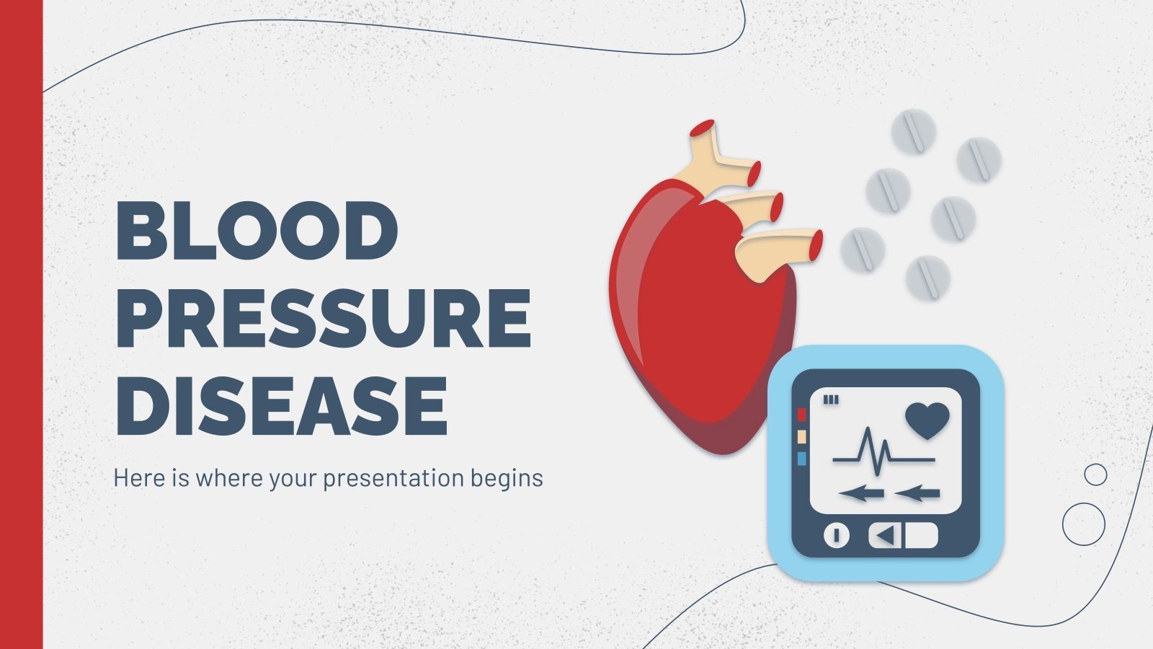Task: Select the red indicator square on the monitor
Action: (801, 415)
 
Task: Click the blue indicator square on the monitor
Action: (801, 459)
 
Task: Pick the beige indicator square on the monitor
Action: (801, 437)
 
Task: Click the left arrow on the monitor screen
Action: (861, 494)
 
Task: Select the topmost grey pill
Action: (913, 131)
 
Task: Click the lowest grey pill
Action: (927, 278)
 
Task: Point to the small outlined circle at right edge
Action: (1095, 474)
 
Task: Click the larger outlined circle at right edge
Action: (1083, 524)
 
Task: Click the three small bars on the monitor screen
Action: (831, 399)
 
